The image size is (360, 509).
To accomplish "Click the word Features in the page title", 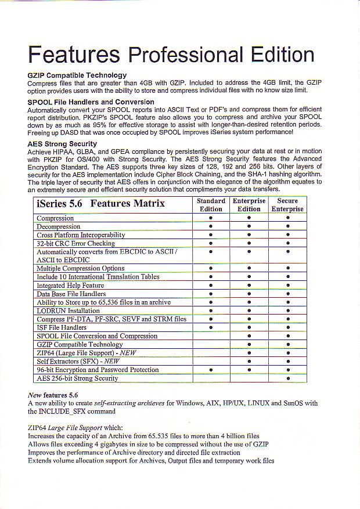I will (74, 55).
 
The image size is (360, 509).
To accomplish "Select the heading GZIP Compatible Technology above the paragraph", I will (77, 75).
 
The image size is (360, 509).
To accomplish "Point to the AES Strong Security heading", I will (62, 143).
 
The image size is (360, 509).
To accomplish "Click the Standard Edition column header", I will (211, 205).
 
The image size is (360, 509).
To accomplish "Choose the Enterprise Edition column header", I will (249, 205).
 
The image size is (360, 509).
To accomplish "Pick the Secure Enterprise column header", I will (287, 205).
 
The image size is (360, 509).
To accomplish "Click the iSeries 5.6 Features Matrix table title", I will (100, 204).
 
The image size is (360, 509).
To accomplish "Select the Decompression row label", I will (58, 226).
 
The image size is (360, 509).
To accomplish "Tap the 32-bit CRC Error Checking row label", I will (75, 243).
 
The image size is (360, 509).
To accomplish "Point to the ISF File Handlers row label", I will (62, 327).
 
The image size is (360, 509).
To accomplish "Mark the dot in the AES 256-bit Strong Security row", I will (287, 378).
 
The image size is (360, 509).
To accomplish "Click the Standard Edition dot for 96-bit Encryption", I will (211, 370).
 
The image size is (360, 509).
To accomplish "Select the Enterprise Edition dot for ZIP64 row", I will (249, 353).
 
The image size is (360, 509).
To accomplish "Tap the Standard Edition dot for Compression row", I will (211, 218).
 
